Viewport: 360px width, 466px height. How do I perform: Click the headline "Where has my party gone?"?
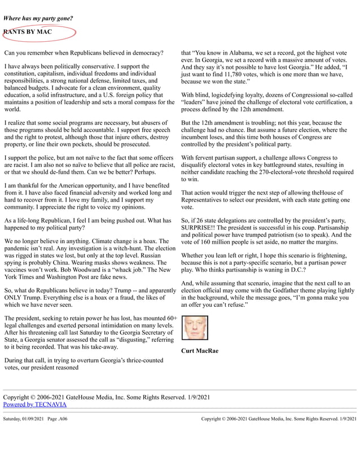click(x=38, y=19)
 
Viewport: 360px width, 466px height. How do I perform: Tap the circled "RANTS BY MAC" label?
click(x=28, y=32)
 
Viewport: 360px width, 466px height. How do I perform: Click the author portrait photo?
click(x=195, y=328)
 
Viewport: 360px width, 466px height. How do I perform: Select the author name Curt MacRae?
click(x=200, y=351)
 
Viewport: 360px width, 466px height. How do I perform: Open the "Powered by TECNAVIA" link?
click(x=35, y=405)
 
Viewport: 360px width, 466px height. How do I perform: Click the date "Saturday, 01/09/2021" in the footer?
click(x=25, y=419)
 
